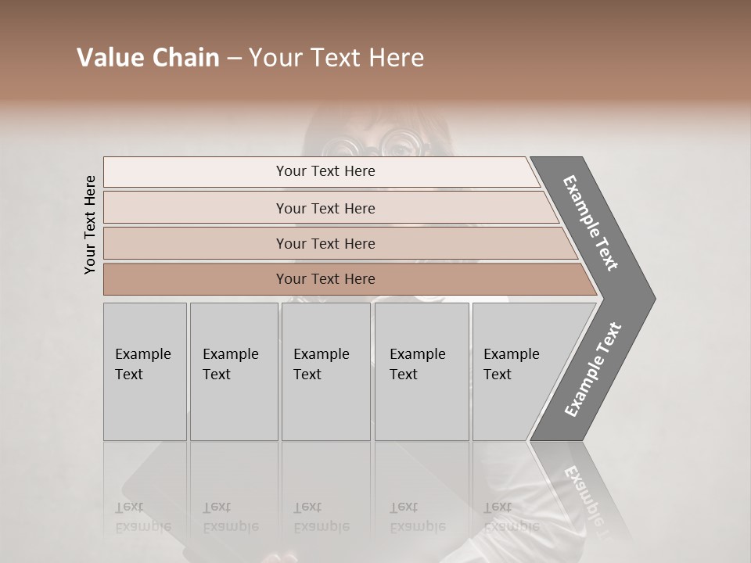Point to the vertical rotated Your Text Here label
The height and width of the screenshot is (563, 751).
coord(90,224)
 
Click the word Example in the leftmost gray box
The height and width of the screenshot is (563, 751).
coord(142,354)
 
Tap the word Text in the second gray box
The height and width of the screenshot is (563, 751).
coord(217,375)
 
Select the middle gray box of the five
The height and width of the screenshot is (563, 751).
coord(325,371)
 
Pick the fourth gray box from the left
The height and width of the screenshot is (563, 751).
coord(421,371)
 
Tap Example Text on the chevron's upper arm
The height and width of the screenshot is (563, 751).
coord(591,223)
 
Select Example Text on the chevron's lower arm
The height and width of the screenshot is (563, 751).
coord(593,370)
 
